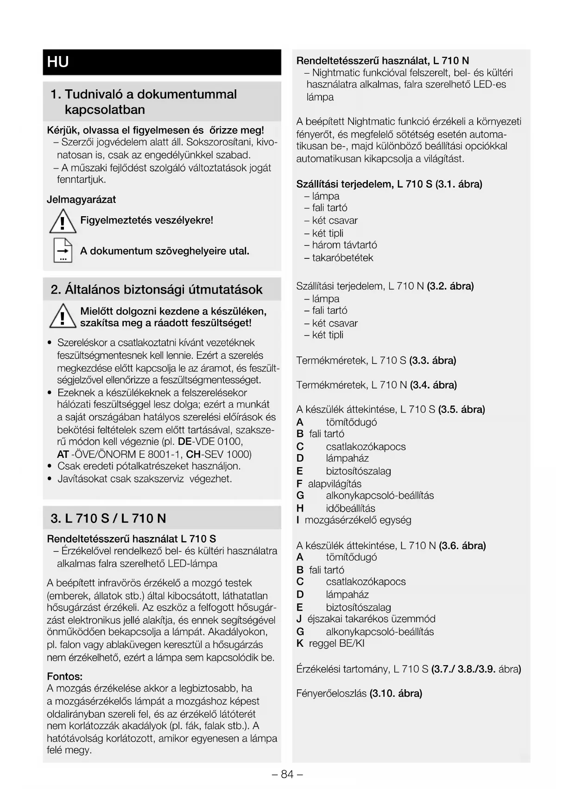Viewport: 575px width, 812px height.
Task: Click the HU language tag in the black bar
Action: [58, 62]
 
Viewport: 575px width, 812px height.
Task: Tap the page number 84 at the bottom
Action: [287, 774]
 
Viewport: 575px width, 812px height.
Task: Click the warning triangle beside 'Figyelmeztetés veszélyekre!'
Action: [63, 221]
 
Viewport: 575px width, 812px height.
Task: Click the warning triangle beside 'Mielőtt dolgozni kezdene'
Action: [63, 317]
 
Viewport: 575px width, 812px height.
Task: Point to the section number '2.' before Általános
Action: [56, 290]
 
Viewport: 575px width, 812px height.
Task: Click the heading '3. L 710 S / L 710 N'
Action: [108, 518]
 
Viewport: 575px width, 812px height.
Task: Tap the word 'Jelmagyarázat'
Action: [81, 200]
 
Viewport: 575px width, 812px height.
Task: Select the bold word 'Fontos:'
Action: [65, 676]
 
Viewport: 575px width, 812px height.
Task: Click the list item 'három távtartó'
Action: [344, 245]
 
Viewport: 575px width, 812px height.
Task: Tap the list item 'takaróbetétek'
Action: [342, 258]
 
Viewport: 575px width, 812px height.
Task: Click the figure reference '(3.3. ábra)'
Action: [433, 360]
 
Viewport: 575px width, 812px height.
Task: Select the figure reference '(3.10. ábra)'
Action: [396, 693]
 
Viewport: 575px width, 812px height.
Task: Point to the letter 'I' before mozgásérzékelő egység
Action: [298, 520]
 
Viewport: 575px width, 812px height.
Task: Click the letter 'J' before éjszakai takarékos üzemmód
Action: [299, 619]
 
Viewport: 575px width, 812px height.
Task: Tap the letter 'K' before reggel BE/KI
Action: [300, 643]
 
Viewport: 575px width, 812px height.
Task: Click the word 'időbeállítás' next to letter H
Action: [350, 508]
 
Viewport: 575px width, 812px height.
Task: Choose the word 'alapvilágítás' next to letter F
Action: [335, 484]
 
